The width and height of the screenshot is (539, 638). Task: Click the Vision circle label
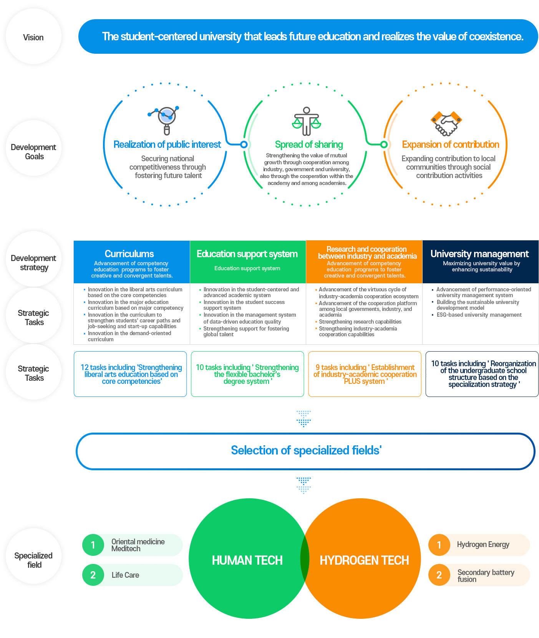tap(33, 37)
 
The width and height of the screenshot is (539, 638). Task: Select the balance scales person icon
tap(306, 121)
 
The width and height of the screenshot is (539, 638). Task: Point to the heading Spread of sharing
tap(309, 145)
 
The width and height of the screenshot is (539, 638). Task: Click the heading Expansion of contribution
tap(450, 145)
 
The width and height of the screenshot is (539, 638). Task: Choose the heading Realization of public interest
tap(167, 145)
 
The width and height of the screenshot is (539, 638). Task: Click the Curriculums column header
tap(129, 254)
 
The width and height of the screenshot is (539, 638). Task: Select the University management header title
tap(479, 254)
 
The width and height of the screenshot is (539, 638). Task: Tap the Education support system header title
tap(247, 254)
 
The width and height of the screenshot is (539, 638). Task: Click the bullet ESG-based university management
tap(479, 315)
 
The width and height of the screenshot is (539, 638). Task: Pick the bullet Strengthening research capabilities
tap(360, 322)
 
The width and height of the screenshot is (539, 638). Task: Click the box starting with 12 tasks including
tap(130, 374)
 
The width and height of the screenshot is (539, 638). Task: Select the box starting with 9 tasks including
tap(365, 374)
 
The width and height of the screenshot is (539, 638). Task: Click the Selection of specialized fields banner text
tap(306, 450)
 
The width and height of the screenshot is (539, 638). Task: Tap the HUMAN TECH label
tap(247, 560)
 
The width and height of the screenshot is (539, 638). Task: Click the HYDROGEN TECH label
tap(364, 560)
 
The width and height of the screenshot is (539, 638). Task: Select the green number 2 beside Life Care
tap(93, 575)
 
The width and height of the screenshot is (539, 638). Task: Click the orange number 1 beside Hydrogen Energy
tap(439, 545)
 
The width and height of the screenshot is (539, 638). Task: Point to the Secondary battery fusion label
tap(486, 576)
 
